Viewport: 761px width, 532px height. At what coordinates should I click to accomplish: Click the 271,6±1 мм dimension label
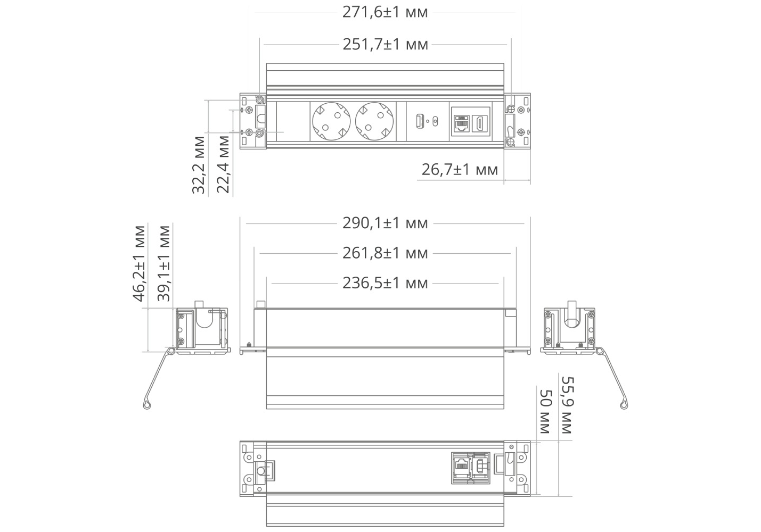coord(385,13)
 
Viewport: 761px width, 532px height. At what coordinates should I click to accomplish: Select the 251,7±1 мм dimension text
coord(385,45)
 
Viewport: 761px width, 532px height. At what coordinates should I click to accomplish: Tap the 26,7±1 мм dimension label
coord(460,169)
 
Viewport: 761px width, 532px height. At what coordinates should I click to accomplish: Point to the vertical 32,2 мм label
coord(199,165)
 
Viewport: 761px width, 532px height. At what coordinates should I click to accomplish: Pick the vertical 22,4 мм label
coord(223,164)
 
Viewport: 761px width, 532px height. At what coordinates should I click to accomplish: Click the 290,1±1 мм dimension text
coord(385,223)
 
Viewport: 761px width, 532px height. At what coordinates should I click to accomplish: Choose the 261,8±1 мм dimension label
coord(385,253)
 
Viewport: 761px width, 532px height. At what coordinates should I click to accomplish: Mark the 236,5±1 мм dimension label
coord(385,283)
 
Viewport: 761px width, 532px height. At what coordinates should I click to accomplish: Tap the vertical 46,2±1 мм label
coord(139,264)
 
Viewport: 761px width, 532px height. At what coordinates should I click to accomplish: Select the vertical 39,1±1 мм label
coord(163,264)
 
